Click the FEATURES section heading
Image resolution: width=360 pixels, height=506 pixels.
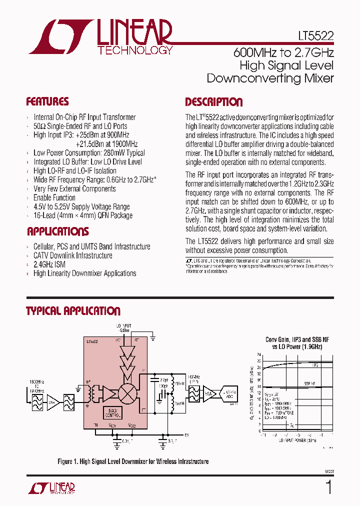click(x=47, y=102)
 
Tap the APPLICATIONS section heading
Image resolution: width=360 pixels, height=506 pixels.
click(x=57, y=231)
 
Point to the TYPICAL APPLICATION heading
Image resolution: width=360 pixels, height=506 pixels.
click(x=73, y=311)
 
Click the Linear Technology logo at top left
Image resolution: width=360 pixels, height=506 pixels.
click(x=100, y=37)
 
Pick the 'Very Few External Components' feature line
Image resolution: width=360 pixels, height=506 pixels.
click(x=74, y=188)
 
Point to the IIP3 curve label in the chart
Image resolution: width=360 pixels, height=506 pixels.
click(x=314, y=365)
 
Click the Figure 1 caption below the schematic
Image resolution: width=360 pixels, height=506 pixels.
click(x=133, y=461)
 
